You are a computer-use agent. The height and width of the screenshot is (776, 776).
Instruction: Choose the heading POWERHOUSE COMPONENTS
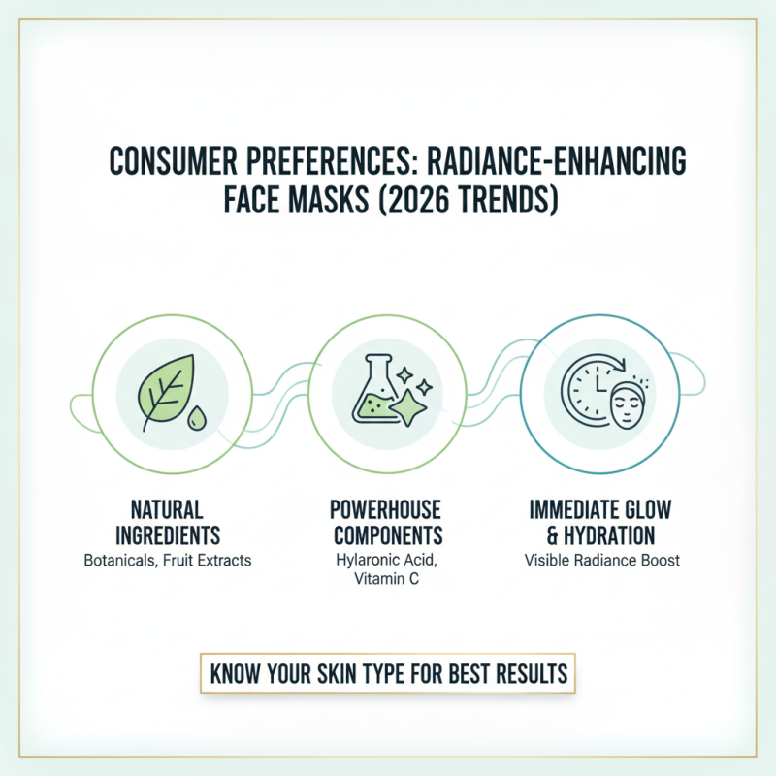(x=386, y=522)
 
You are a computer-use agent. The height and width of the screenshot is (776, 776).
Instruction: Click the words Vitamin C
(x=386, y=581)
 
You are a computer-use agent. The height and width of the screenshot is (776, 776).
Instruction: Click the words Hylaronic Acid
(x=386, y=561)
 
